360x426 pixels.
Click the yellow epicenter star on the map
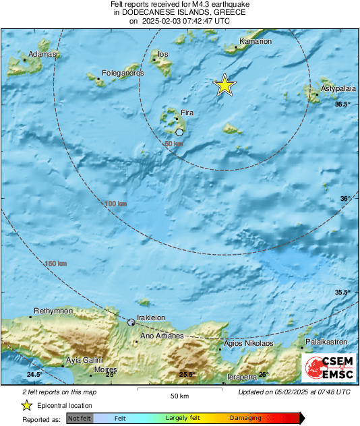click(x=224, y=85)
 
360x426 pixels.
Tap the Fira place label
click(x=187, y=113)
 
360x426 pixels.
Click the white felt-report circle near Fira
click(x=179, y=133)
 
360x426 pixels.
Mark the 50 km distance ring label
click(x=174, y=144)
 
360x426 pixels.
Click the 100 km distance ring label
click(x=116, y=204)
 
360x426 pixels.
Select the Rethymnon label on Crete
click(x=53, y=310)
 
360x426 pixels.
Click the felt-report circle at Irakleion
click(x=131, y=323)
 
